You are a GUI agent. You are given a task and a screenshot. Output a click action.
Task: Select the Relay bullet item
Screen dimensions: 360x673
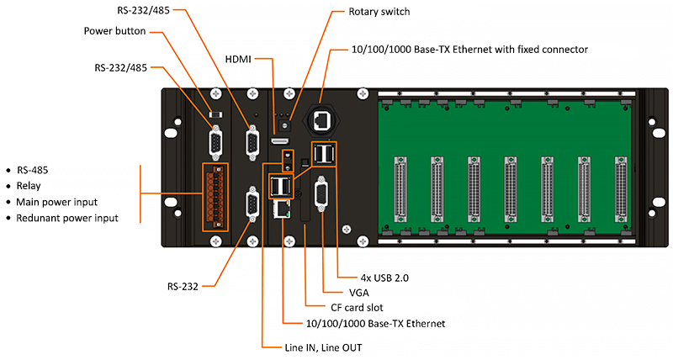tap(30, 185)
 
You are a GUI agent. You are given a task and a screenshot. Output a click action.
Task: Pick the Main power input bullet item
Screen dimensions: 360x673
tap(57, 202)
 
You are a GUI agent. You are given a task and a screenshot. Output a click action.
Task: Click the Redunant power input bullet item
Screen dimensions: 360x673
tap(67, 219)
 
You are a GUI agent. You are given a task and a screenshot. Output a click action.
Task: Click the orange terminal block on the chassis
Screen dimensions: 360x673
tap(215, 195)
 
